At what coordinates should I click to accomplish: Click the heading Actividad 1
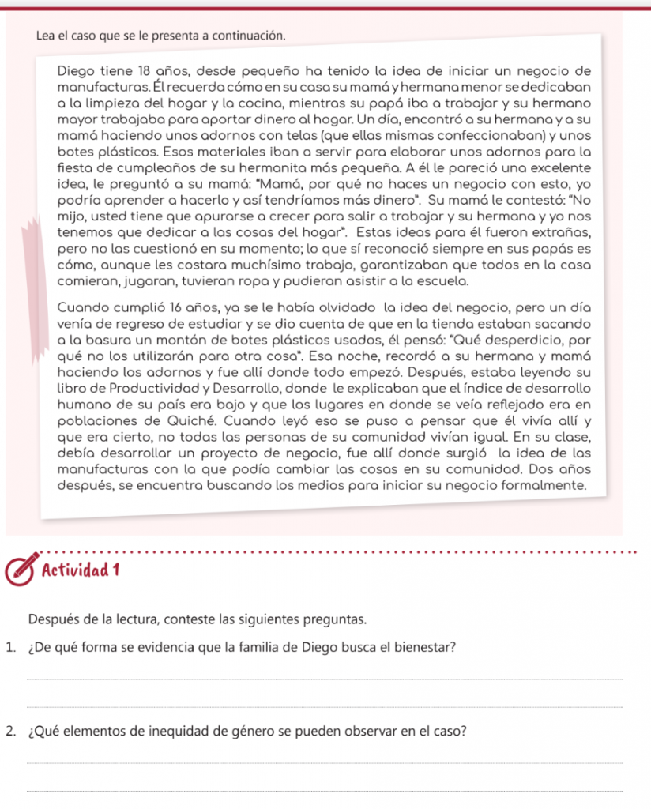pos(77,568)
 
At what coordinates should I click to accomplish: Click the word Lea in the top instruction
pos(46,36)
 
